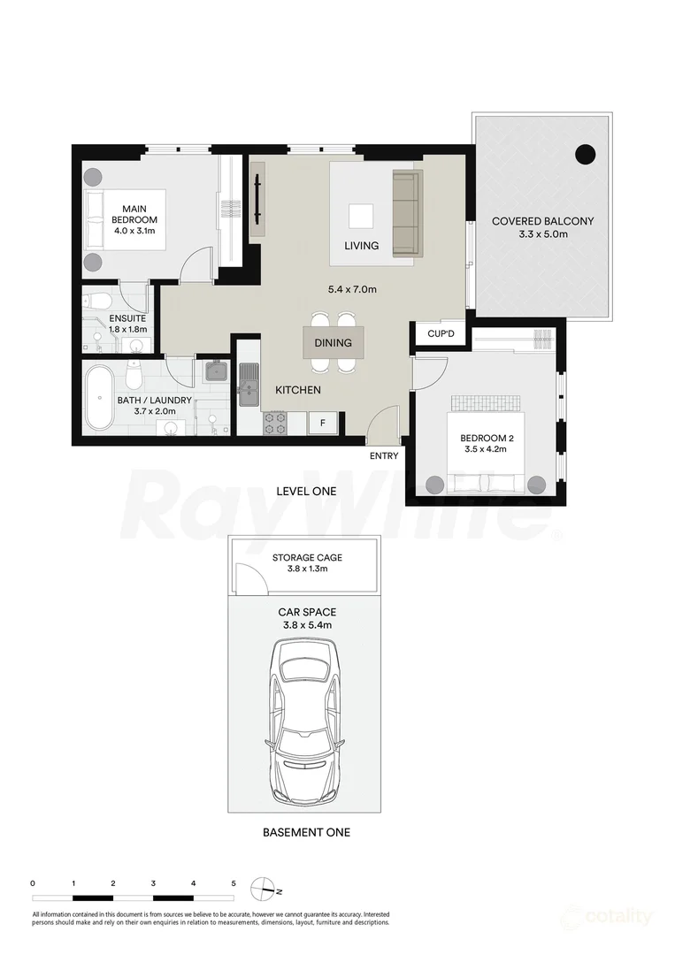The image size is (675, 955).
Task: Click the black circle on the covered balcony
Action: coord(586,155)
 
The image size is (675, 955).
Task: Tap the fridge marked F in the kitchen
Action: coord(323,424)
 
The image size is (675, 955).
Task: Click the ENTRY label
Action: coord(384,456)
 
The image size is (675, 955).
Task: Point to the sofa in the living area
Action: coord(406,213)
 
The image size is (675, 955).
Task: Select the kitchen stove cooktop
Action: coord(275,424)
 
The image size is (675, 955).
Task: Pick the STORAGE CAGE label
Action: coord(307,557)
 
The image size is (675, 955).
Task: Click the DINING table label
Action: coord(333,343)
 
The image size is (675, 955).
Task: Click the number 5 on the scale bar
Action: coord(234,882)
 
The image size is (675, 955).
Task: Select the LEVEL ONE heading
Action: coord(306,491)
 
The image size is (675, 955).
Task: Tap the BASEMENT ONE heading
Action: coord(306,832)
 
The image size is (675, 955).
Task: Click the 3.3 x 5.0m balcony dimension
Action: coord(542,234)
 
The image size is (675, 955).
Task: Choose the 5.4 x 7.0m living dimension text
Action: coord(352,289)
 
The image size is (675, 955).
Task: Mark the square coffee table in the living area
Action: coord(360,217)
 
